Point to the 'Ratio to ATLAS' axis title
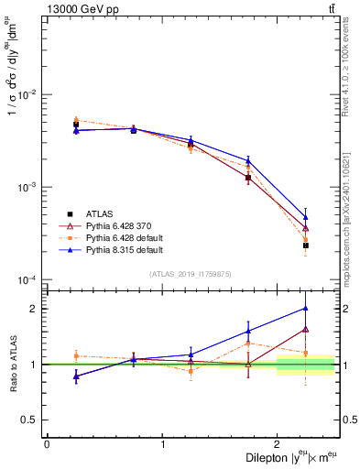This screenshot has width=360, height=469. pyautogui.click(x=12, y=364)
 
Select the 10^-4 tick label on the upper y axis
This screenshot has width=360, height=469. pyautogui.click(x=29, y=279)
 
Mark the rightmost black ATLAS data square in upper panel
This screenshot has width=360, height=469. pyautogui.click(x=306, y=245)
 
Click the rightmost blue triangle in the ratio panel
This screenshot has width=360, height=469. pyautogui.click(x=306, y=308)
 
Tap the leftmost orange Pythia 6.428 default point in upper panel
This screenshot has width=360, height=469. pyautogui.click(x=76, y=120)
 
